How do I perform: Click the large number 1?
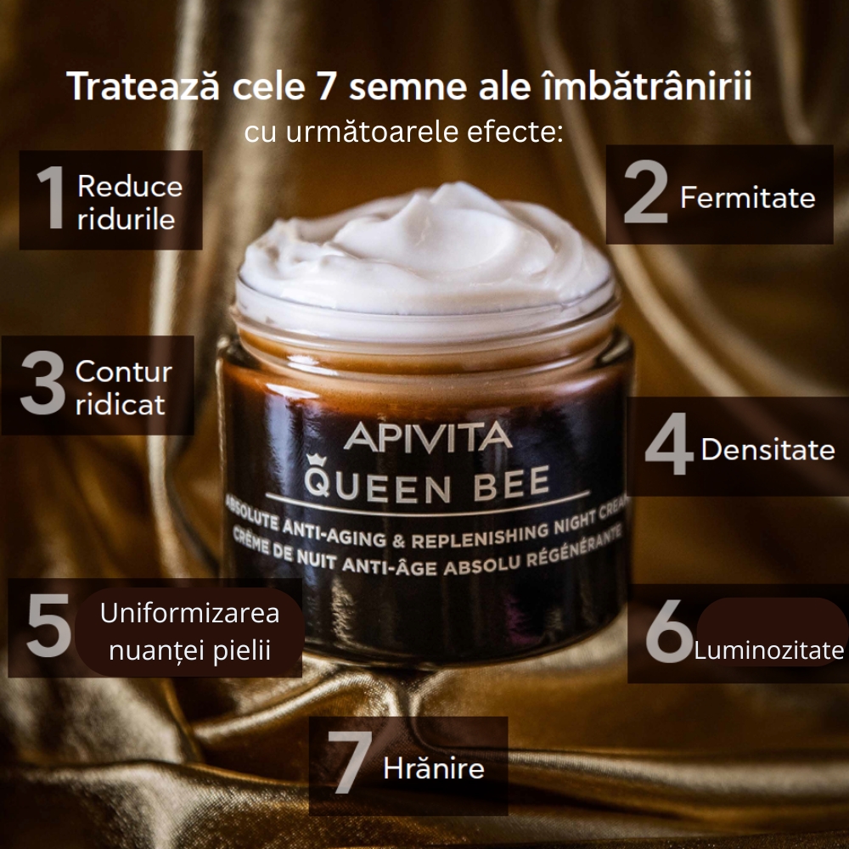pyautogui.click(x=53, y=197)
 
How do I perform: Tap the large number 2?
pyautogui.click(x=645, y=192)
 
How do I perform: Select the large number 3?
pyautogui.click(x=42, y=383)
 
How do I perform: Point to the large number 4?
pyautogui.click(x=669, y=444)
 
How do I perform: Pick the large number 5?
pyautogui.click(x=48, y=625)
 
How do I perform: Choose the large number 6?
pyautogui.click(x=669, y=630)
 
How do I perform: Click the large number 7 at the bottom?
pyautogui.click(x=350, y=762)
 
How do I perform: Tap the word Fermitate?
pyautogui.click(x=748, y=197)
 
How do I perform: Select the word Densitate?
pyautogui.click(x=767, y=449)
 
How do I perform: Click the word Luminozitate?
pyautogui.click(x=769, y=649)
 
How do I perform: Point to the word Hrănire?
pyautogui.click(x=434, y=767)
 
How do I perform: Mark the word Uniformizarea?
pyautogui.click(x=189, y=614)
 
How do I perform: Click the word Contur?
pyautogui.click(x=124, y=372)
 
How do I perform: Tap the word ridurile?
pyautogui.click(x=127, y=219)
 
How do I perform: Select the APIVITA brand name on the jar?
pyautogui.click(x=428, y=436)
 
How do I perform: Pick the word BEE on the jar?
pyautogui.click(x=512, y=484)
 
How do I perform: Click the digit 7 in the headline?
pyautogui.click(x=325, y=86)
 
